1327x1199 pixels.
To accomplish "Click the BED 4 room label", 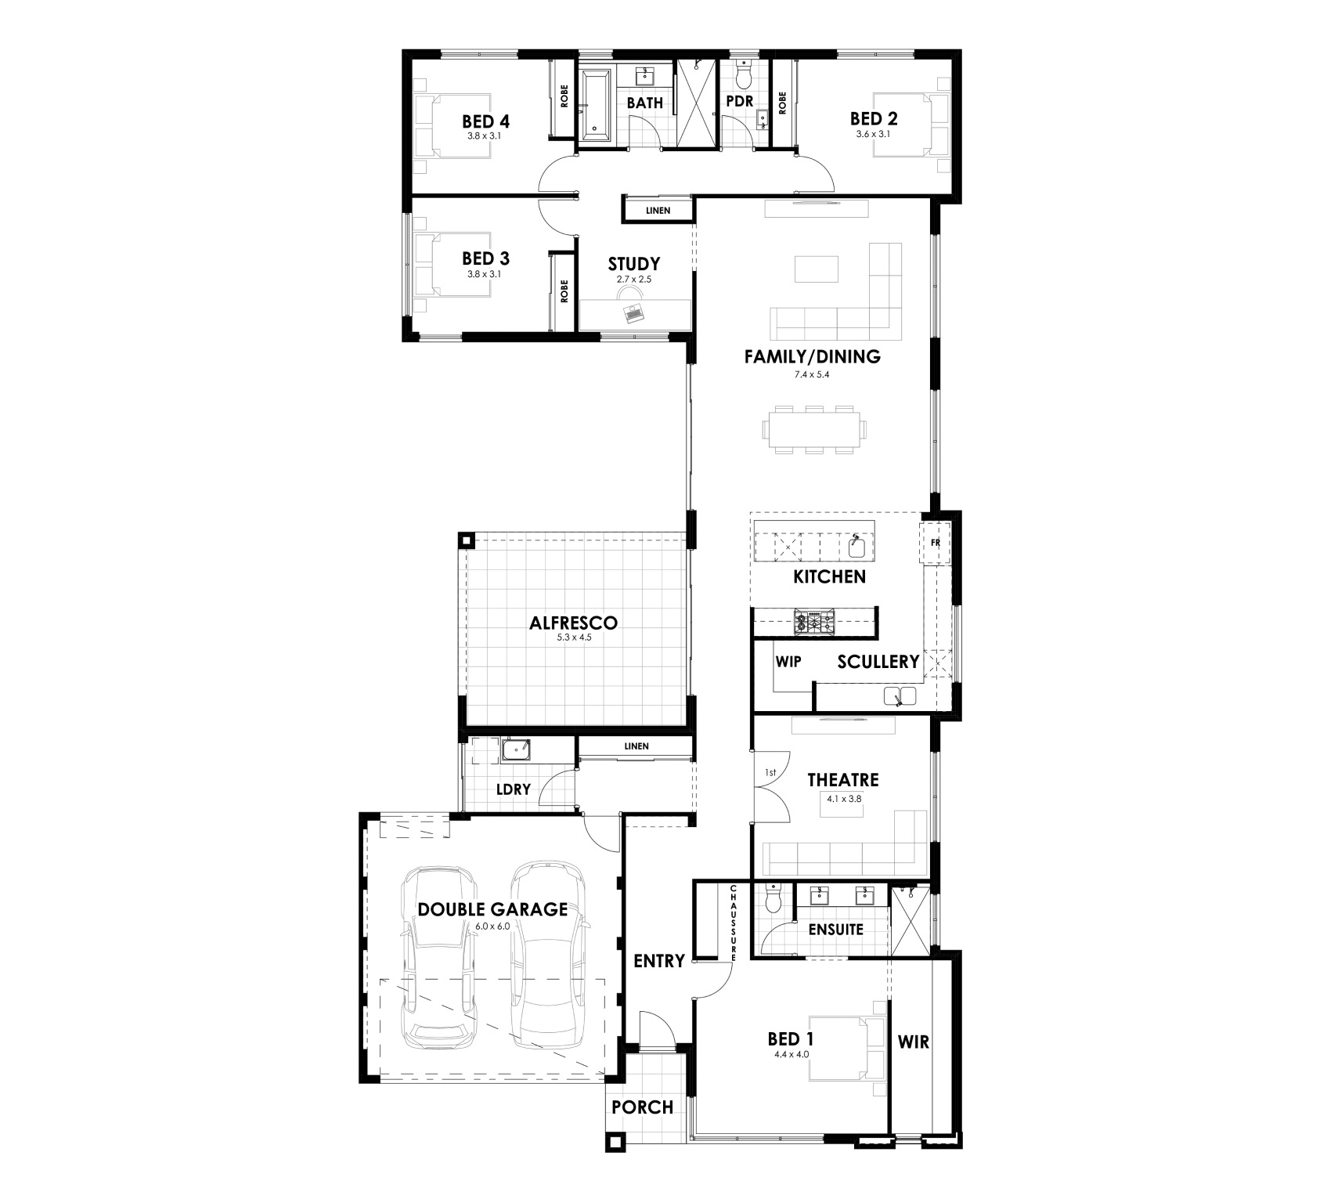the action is [x=485, y=121].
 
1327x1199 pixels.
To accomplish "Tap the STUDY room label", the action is [x=633, y=264].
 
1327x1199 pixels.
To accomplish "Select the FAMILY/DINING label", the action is [x=812, y=357].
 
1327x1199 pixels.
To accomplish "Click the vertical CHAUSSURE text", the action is [x=734, y=923].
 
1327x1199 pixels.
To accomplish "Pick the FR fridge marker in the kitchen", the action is [x=934, y=542].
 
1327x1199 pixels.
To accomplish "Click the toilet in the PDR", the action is [x=743, y=74].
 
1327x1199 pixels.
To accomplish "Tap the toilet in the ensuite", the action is [x=773, y=897].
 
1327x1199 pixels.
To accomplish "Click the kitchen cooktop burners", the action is [x=815, y=623].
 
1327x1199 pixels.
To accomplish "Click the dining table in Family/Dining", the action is [x=814, y=429].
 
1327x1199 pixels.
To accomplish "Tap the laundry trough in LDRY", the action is [x=515, y=750].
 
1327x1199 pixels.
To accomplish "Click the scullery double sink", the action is [x=900, y=695].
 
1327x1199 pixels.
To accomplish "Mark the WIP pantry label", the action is [x=788, y=662].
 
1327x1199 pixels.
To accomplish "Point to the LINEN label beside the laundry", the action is [x=636, y=746].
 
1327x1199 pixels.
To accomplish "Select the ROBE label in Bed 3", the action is [x=564, y=291].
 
